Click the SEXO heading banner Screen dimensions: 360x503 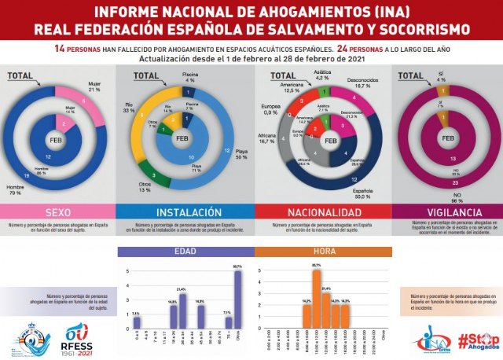58,211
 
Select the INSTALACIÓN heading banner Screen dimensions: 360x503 184,211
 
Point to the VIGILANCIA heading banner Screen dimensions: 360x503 446,211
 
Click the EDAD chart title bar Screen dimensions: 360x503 185,252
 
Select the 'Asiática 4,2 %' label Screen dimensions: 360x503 321,77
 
